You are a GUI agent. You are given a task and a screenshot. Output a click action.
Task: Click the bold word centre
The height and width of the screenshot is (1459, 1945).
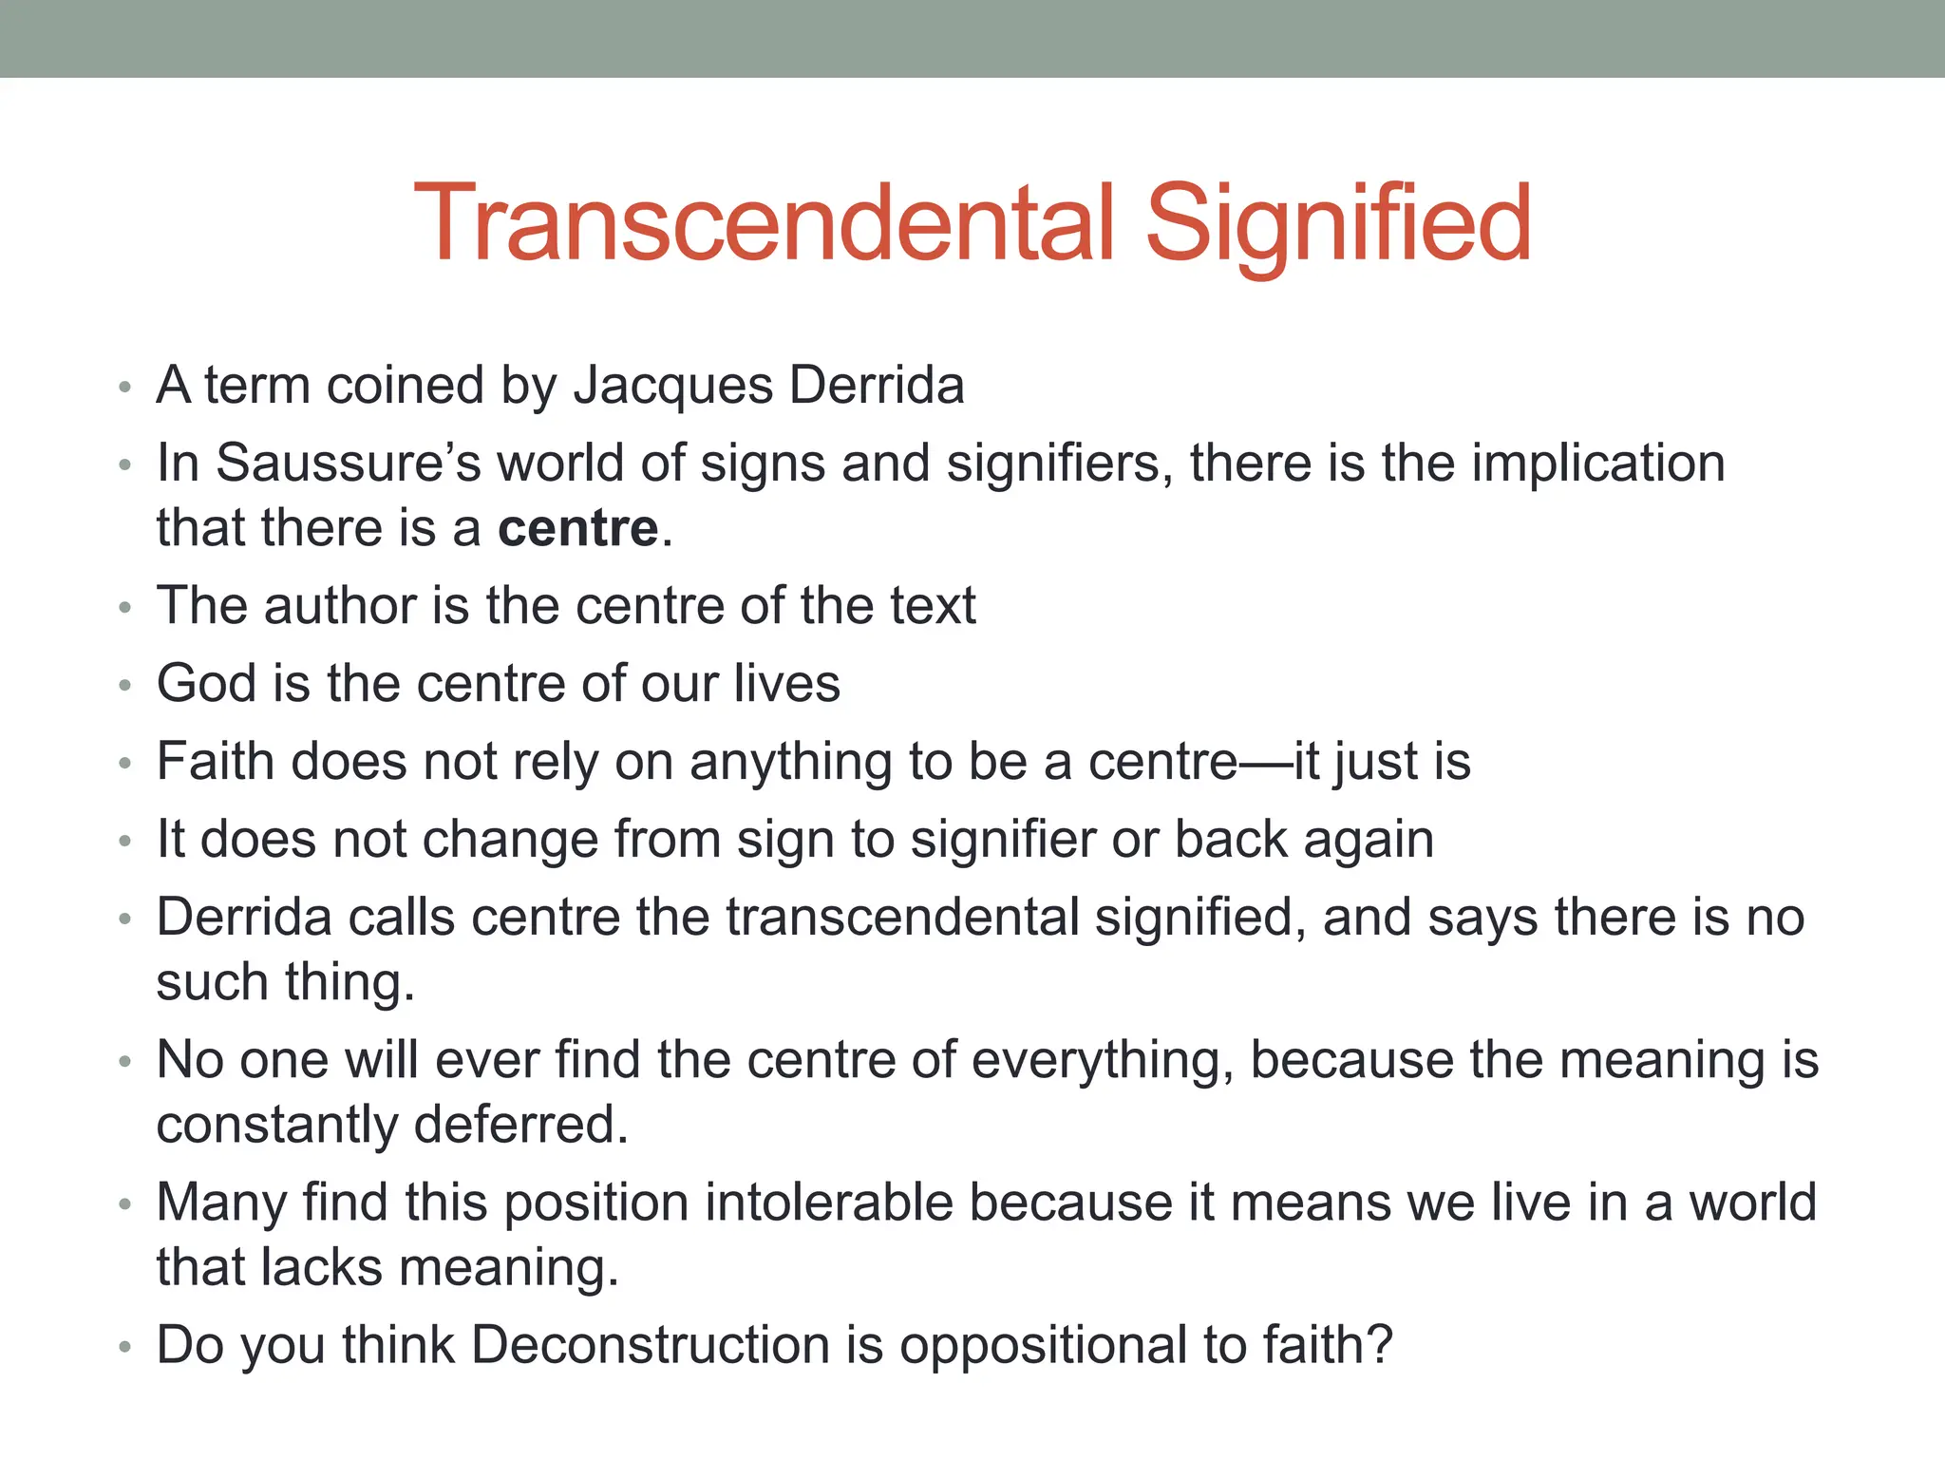577,528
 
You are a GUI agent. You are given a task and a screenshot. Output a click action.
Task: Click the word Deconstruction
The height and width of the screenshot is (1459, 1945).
651,1345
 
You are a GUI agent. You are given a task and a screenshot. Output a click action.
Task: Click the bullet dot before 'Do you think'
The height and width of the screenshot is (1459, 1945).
124,1348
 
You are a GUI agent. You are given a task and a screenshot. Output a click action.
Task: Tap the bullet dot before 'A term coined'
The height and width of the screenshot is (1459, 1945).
124,388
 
